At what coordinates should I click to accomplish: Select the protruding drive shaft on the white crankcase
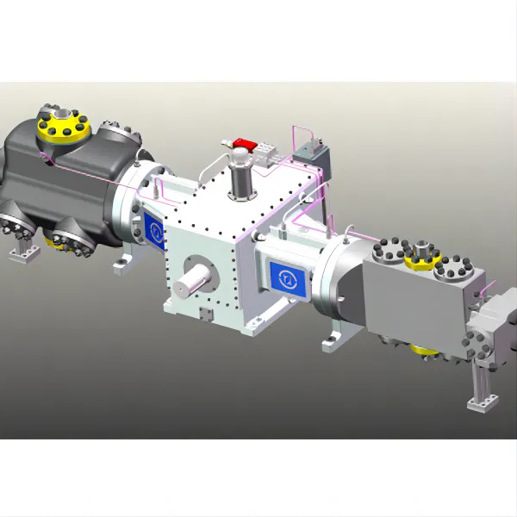pos(195,280)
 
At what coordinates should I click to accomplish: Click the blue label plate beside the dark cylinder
pos(154,230)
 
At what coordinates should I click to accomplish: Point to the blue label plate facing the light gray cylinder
pos(285,276)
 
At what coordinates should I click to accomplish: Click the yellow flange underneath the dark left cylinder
pos(58,242)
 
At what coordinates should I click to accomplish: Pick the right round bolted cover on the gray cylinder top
pos(453,272)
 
